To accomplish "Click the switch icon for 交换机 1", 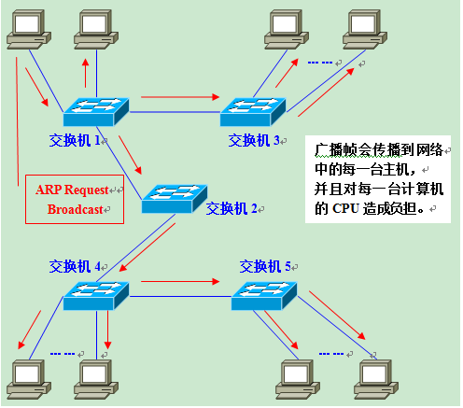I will coord(95,112).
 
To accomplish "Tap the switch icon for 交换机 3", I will coord(252,112).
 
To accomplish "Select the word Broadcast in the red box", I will coord(75,210).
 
